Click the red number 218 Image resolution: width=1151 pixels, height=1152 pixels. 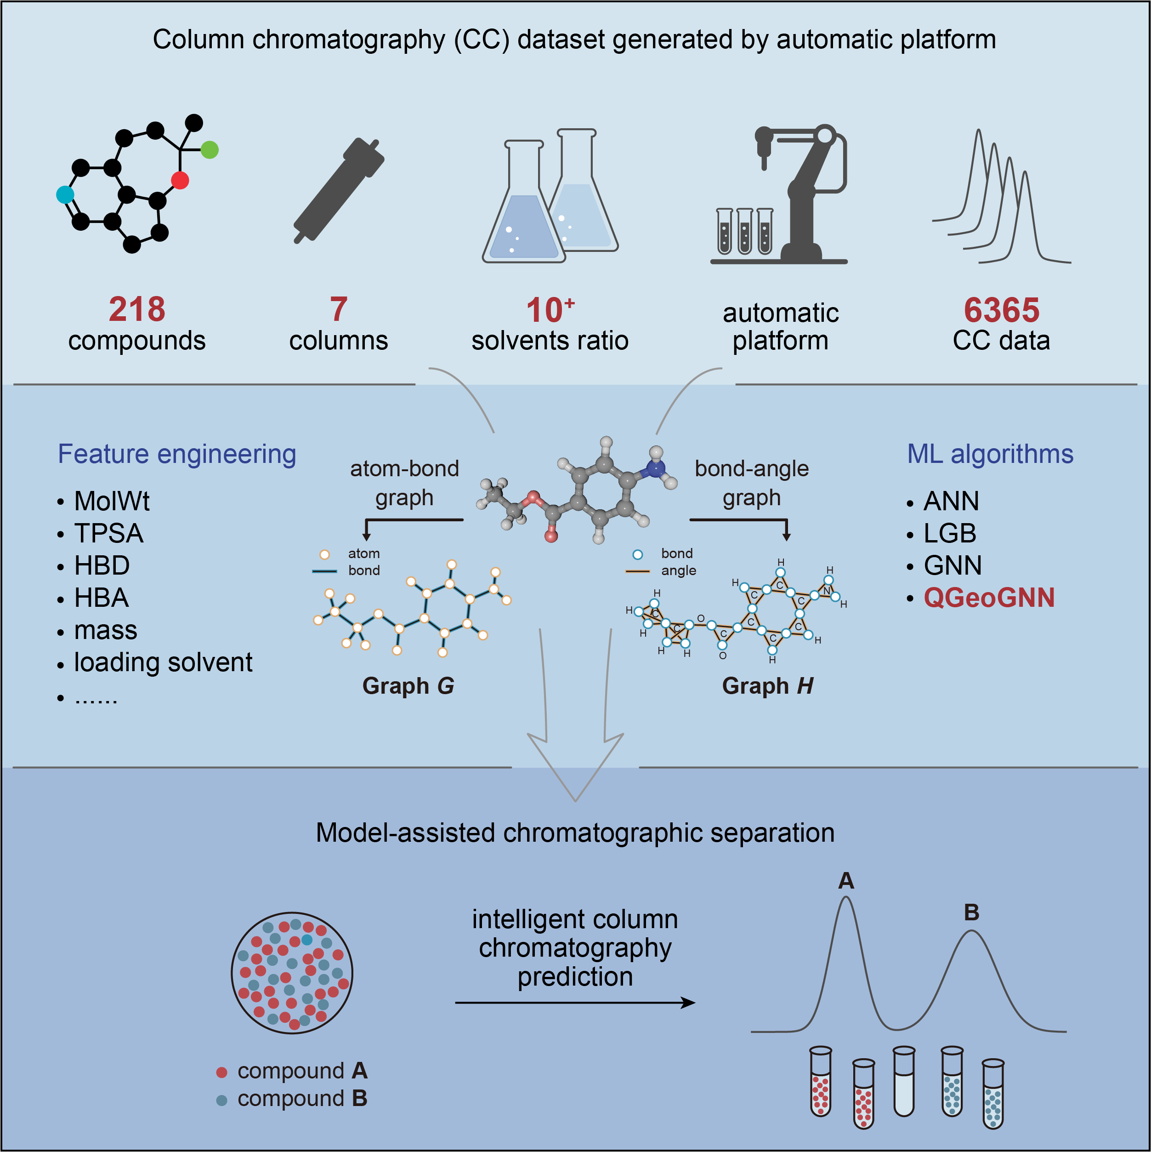136,309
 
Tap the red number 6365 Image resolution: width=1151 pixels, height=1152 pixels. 1001,310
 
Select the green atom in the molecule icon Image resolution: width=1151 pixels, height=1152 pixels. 209,150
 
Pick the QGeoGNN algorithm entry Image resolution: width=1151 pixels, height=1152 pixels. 989,598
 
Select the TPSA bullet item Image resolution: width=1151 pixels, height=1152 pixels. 108,533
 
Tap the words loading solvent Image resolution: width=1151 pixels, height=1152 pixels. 163,662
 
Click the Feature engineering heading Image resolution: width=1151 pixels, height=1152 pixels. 177,454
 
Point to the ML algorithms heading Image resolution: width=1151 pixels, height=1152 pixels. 990,454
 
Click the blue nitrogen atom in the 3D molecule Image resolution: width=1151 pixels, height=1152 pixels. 656,469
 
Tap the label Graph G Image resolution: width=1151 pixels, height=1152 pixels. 408,686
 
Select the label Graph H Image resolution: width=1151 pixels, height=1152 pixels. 768,686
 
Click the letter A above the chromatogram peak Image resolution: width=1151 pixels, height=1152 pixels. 846,881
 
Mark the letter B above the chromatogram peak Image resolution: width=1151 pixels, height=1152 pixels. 972,912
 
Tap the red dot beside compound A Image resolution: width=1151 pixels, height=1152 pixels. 222,1072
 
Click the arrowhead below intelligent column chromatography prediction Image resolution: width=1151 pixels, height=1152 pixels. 688,1002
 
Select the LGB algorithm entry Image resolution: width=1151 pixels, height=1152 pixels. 950,534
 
